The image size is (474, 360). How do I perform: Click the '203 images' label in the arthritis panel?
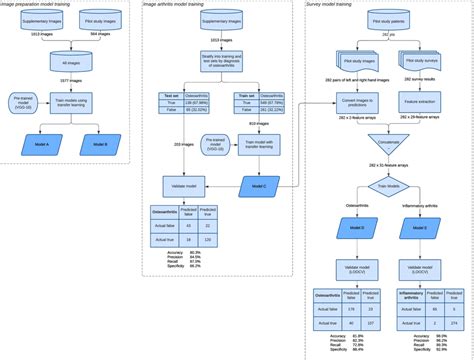click(182, 143)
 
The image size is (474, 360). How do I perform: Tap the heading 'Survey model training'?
click(334, 6)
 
